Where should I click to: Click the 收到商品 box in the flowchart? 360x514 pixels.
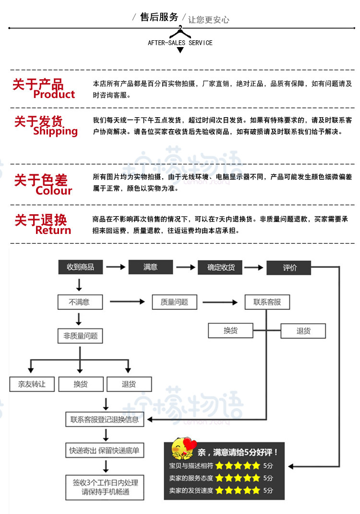coord(80,267)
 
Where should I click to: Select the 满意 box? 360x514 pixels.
coord(150,267)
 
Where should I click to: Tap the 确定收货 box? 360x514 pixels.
coord(220,267)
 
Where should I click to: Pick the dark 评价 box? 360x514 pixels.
coord(289,268)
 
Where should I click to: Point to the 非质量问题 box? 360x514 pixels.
coord(80,336)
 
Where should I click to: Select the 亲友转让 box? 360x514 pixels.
coord(32,384)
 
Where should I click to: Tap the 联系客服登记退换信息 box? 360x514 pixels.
coord(104,419)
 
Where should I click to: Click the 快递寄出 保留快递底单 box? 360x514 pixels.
coord(104,451)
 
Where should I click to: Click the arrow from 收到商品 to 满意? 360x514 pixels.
coord(115,267)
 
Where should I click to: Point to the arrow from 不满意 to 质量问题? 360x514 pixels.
coord(127,302)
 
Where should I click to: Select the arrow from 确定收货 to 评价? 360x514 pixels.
coord(254,267)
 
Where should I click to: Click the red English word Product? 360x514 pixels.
coord(54,95)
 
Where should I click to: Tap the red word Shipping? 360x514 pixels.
coord(55,131)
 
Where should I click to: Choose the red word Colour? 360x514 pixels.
coord(54,191)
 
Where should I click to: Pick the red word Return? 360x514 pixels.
coord(53,231)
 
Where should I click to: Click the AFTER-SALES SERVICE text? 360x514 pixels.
coord(180,43)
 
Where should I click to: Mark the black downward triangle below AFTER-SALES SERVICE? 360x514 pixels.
coord(180,50)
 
